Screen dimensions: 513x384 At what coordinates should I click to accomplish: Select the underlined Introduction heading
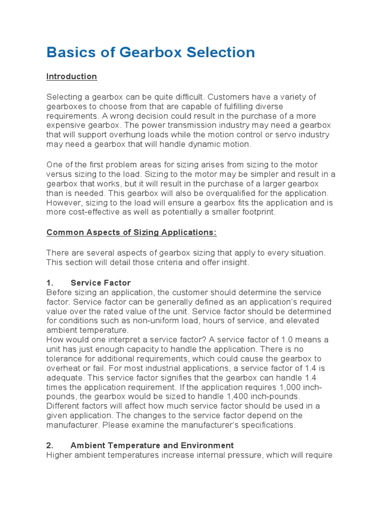(x=71, y=77)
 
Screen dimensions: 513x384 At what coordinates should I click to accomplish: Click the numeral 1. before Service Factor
(x=50, y=283)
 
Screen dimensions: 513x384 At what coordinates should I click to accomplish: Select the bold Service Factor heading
(x=100, y=283)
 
